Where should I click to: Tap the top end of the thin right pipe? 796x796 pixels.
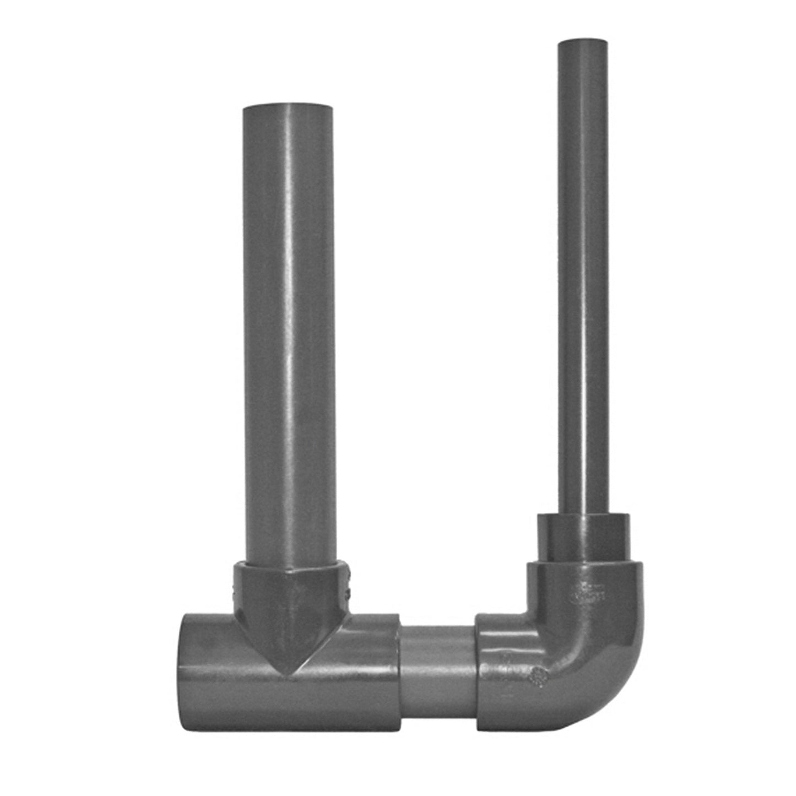pos(582,44)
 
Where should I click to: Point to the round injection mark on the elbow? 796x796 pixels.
pos(538,676)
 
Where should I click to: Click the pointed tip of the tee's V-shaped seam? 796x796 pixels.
pos(292,673)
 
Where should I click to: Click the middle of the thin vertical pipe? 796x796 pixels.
pos(582,275)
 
